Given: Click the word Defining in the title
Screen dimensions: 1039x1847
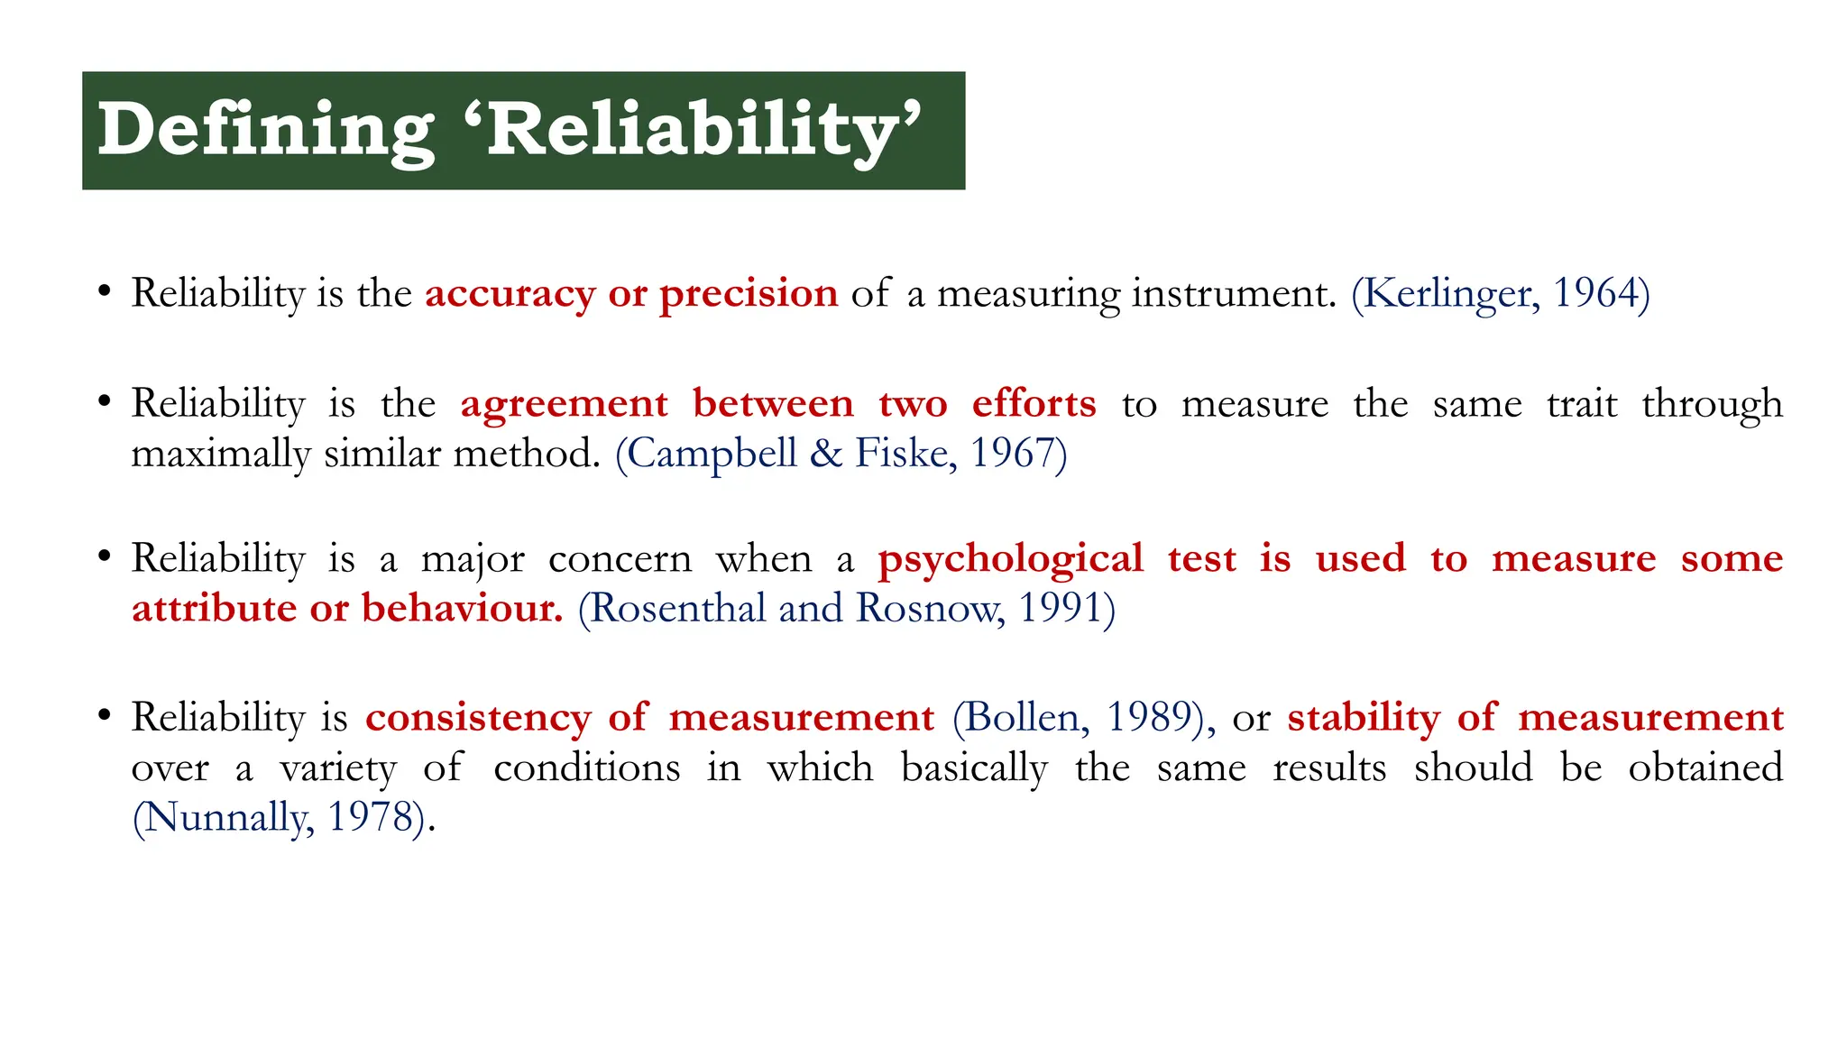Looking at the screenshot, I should [266, 131].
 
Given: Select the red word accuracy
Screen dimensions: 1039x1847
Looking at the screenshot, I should [510, 293].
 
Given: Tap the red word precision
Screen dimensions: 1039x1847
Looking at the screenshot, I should [749, 293].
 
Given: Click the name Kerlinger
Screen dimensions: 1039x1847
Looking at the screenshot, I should [1446, 293].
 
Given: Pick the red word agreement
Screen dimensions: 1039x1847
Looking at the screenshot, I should [565, 403].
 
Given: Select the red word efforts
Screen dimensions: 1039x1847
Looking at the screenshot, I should [1034, 403].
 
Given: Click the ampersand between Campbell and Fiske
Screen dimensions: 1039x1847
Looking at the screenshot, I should [825, 453].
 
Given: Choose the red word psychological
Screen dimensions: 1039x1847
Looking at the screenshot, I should [1011, 559].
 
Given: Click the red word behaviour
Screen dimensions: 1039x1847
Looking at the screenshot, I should [462, 608].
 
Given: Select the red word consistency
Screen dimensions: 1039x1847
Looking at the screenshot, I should [478, 718].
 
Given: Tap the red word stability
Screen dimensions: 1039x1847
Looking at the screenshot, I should [1363, 718].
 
